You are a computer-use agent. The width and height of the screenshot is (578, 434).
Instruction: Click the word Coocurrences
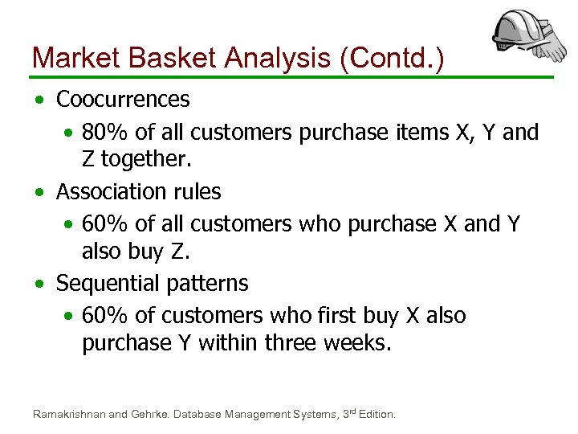point(123,100)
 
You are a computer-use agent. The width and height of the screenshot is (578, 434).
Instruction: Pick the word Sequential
point(108,284)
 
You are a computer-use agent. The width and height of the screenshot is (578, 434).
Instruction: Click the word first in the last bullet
point(360,316)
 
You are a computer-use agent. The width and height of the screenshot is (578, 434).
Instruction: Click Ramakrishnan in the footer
point(68,414)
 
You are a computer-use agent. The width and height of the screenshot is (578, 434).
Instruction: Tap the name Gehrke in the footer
point(149,414)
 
